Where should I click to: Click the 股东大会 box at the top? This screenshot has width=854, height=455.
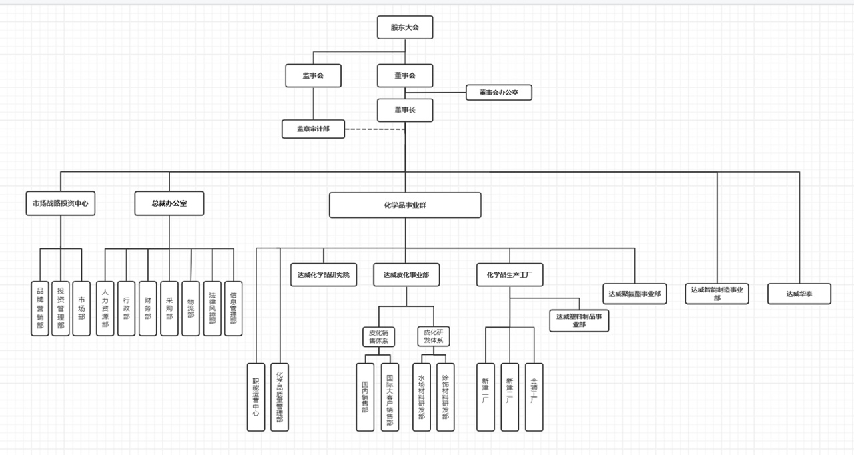404,27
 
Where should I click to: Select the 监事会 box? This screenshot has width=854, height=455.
313,75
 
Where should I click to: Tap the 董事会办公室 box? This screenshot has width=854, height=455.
498,93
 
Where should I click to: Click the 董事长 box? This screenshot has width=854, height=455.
404,110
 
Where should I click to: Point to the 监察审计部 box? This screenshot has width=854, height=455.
313,129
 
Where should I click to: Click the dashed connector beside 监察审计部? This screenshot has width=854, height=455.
374,129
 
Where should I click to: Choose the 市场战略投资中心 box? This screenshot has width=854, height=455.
60,203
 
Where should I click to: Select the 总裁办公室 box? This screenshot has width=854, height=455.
169,203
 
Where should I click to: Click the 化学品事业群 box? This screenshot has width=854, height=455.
404,205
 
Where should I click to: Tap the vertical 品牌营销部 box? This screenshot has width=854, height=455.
40,308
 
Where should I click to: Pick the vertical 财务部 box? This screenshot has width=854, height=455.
147,308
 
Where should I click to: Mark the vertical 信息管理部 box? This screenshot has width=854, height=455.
233,308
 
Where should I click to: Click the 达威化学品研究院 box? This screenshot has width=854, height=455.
324,274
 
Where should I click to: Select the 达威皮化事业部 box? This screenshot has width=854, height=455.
406,274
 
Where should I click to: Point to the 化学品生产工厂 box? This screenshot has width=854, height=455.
510,274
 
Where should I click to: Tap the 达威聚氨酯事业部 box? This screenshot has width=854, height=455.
634,294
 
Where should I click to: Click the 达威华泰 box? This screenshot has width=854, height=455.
799,294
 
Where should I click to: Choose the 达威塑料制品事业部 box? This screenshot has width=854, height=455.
579,320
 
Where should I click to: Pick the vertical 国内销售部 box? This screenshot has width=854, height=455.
365,397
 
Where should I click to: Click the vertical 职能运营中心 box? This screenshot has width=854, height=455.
256,397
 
